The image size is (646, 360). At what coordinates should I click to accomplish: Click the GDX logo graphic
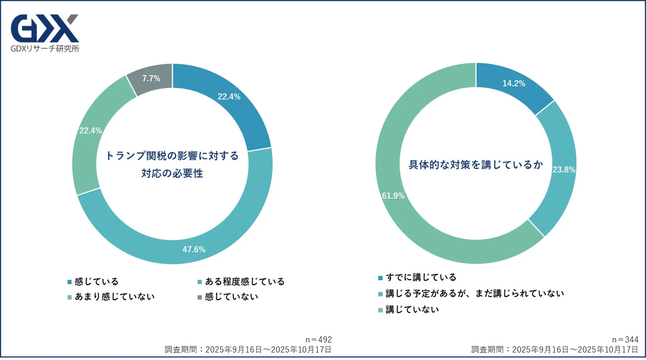point(45,28)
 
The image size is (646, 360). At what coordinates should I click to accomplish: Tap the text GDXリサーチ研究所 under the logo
point(45,49)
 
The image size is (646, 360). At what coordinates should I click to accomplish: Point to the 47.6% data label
point(194,249)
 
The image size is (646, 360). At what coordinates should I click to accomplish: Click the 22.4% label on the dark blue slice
point(229,97)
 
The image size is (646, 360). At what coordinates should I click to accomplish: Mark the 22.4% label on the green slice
point(90,130)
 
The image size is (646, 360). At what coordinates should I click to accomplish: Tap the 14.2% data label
point(514,84)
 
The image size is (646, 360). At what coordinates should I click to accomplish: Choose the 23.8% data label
point(564,169)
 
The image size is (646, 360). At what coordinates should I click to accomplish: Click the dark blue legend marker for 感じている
point(70,282)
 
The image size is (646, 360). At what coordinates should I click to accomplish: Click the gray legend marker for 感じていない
point(200,297)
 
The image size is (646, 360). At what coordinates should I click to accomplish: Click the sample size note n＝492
point(318,340)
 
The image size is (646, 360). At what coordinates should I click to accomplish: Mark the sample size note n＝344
point(625,340)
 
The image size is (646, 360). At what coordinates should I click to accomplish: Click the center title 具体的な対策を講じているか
point(475,165)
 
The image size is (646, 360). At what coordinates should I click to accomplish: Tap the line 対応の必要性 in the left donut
point(172,173)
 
